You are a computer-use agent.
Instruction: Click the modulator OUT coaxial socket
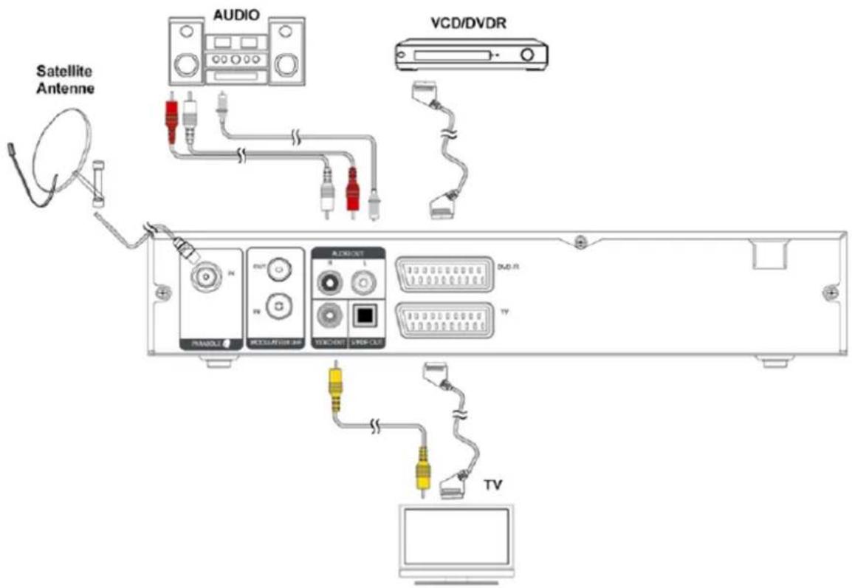(x=277, y=270)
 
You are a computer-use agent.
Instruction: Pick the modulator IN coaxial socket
(x=277, y=304)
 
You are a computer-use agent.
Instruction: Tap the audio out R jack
(x=329, y=281)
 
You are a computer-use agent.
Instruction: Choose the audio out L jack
(x=363, y=281)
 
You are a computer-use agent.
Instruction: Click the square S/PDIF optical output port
(x=363, y=315)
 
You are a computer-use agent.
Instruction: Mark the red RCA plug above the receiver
(x=353, y=190)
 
